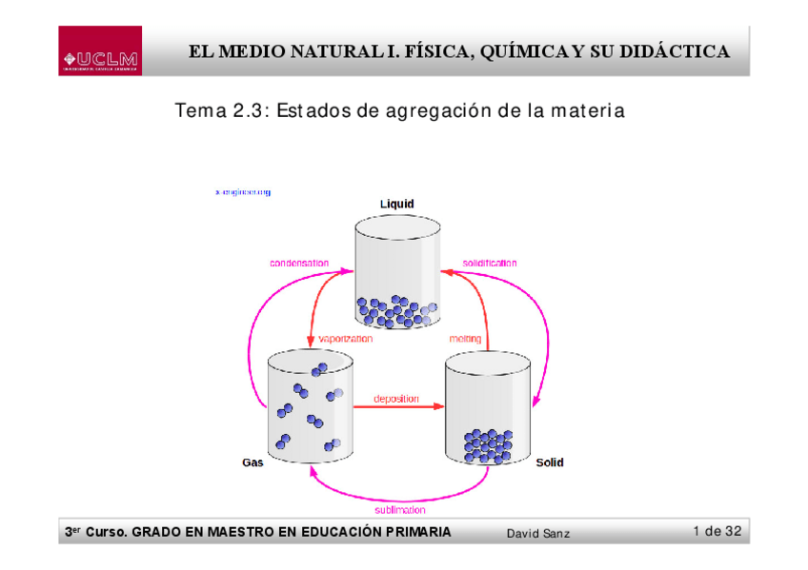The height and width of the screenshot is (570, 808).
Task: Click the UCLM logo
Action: [x=100, y=51]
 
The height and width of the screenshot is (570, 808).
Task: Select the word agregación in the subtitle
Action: [x=435, y=111]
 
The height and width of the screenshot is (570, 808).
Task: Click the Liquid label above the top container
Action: [x=397, y=204]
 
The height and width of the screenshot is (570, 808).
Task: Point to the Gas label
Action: [x=252, y=462]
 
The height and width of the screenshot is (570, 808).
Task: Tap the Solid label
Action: [x=549, y=462]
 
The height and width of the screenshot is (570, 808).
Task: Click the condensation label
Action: [x=299, y=263]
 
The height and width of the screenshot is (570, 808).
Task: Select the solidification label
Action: [x=490, y=263]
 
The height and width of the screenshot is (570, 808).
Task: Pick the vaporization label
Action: [x=346, y=338]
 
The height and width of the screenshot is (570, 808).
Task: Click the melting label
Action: [x=465, y=338]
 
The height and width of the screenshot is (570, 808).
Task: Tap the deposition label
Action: [x=396, y=399]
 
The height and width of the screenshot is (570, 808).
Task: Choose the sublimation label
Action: [x=400, y=510]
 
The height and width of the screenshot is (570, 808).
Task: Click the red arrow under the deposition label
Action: [x=398, y=407]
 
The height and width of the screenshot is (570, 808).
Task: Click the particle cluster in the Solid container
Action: [x=488, y=444]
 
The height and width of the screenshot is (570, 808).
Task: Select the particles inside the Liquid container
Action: [x=396, y=310]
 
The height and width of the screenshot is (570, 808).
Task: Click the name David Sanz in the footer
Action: [x=538, y=533]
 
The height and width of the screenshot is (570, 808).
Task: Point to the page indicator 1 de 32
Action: [x=717, y=531]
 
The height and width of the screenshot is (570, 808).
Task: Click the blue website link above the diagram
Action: [x=243, y=192]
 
